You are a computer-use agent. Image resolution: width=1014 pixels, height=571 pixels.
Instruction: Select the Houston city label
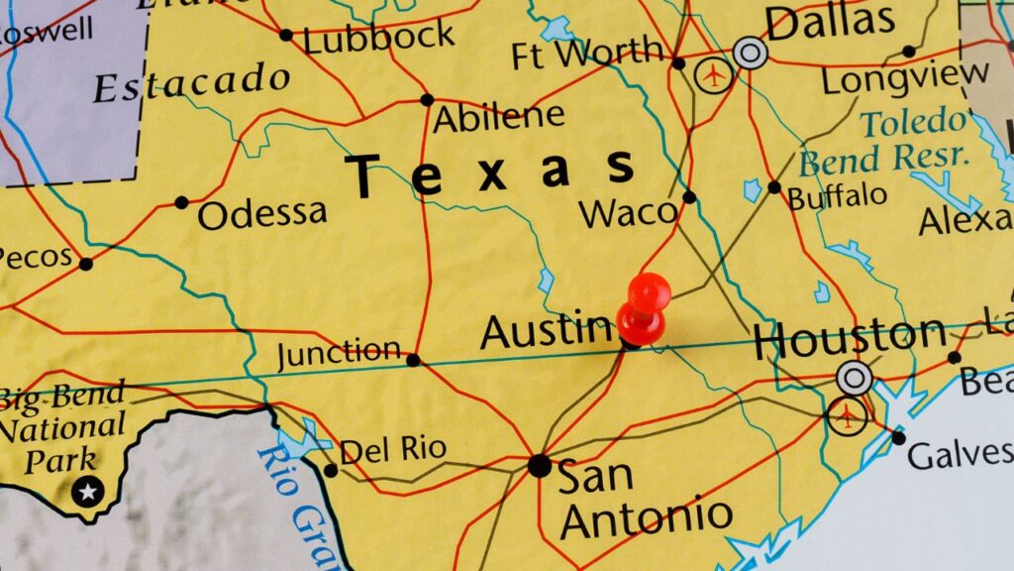[849, 340]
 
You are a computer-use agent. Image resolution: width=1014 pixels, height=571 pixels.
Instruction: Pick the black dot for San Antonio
[539, 465]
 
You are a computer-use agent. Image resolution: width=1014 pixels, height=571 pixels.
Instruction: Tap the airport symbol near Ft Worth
[714, 75]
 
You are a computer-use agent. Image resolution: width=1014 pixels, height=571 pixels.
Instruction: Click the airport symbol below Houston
[847, 417]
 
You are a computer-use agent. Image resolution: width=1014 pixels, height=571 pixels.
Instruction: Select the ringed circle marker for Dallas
[751, 53]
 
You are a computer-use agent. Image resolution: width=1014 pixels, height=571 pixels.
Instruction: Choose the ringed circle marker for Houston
[854, 378]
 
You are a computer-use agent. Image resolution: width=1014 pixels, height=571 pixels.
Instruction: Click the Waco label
[629, 212]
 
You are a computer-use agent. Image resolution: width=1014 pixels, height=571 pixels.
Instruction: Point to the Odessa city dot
[181, 202]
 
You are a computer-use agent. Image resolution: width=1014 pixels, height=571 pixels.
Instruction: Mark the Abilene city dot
[427, 99]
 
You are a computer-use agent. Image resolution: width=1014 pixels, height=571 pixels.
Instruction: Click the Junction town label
[339, 352]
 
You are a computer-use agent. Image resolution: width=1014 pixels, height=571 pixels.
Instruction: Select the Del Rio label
[393, 450]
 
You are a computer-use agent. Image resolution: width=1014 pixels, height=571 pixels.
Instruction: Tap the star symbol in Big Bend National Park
[88, 491]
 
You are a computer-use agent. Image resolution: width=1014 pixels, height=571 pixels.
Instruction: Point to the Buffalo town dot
[773, 186]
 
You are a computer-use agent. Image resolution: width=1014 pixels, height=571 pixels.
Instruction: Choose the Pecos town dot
[86, 264]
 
